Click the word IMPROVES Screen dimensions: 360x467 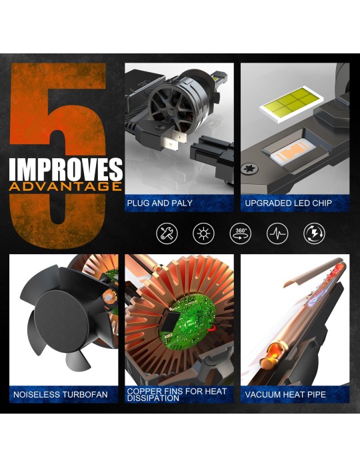coord(65,169)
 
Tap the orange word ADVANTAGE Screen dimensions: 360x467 coord(65,186)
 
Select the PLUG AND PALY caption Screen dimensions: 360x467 coord(159,203)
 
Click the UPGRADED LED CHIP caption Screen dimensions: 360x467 coord(288,203)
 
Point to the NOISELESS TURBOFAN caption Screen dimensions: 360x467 coord(61,395)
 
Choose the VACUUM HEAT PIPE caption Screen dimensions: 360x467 coord(285,395)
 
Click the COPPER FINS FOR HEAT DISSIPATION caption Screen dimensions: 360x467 coord(177,395)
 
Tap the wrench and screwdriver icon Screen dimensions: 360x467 coord(167,233)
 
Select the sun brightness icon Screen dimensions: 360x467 coord(203,233)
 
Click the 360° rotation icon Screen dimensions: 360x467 coord(241,233)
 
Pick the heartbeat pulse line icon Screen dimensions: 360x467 coord(277,233)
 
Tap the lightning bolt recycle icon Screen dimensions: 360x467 coord(314,233)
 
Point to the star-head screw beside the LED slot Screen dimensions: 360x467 coord(249,169)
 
